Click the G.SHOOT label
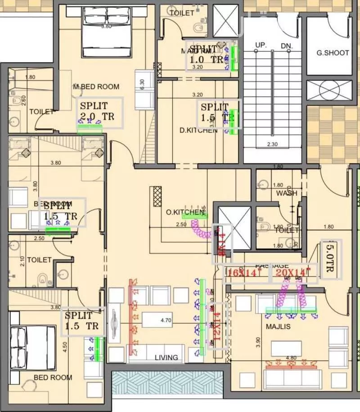[333, 53]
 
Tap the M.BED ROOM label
[96, 86]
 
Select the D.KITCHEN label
[198, 130]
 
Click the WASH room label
[287, 193]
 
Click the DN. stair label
[287, 46]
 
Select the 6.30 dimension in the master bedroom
[143, 85]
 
